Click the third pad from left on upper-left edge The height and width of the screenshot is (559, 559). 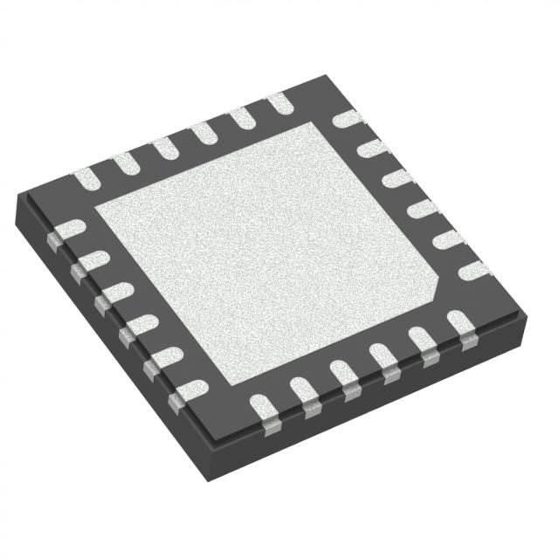point(165,148)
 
